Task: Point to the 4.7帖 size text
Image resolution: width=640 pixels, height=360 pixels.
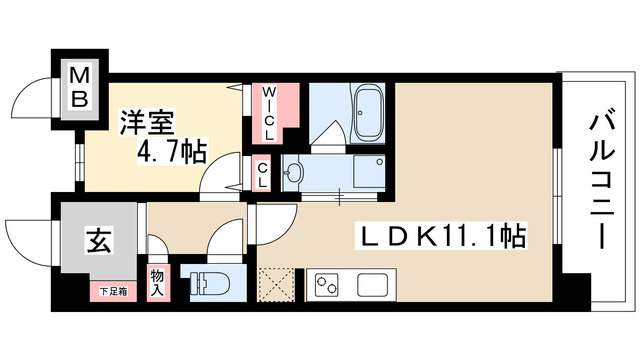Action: point(173,152)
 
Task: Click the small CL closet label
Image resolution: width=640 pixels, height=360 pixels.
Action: point(262,175)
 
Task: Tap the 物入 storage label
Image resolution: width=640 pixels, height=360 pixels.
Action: point(157,282)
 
